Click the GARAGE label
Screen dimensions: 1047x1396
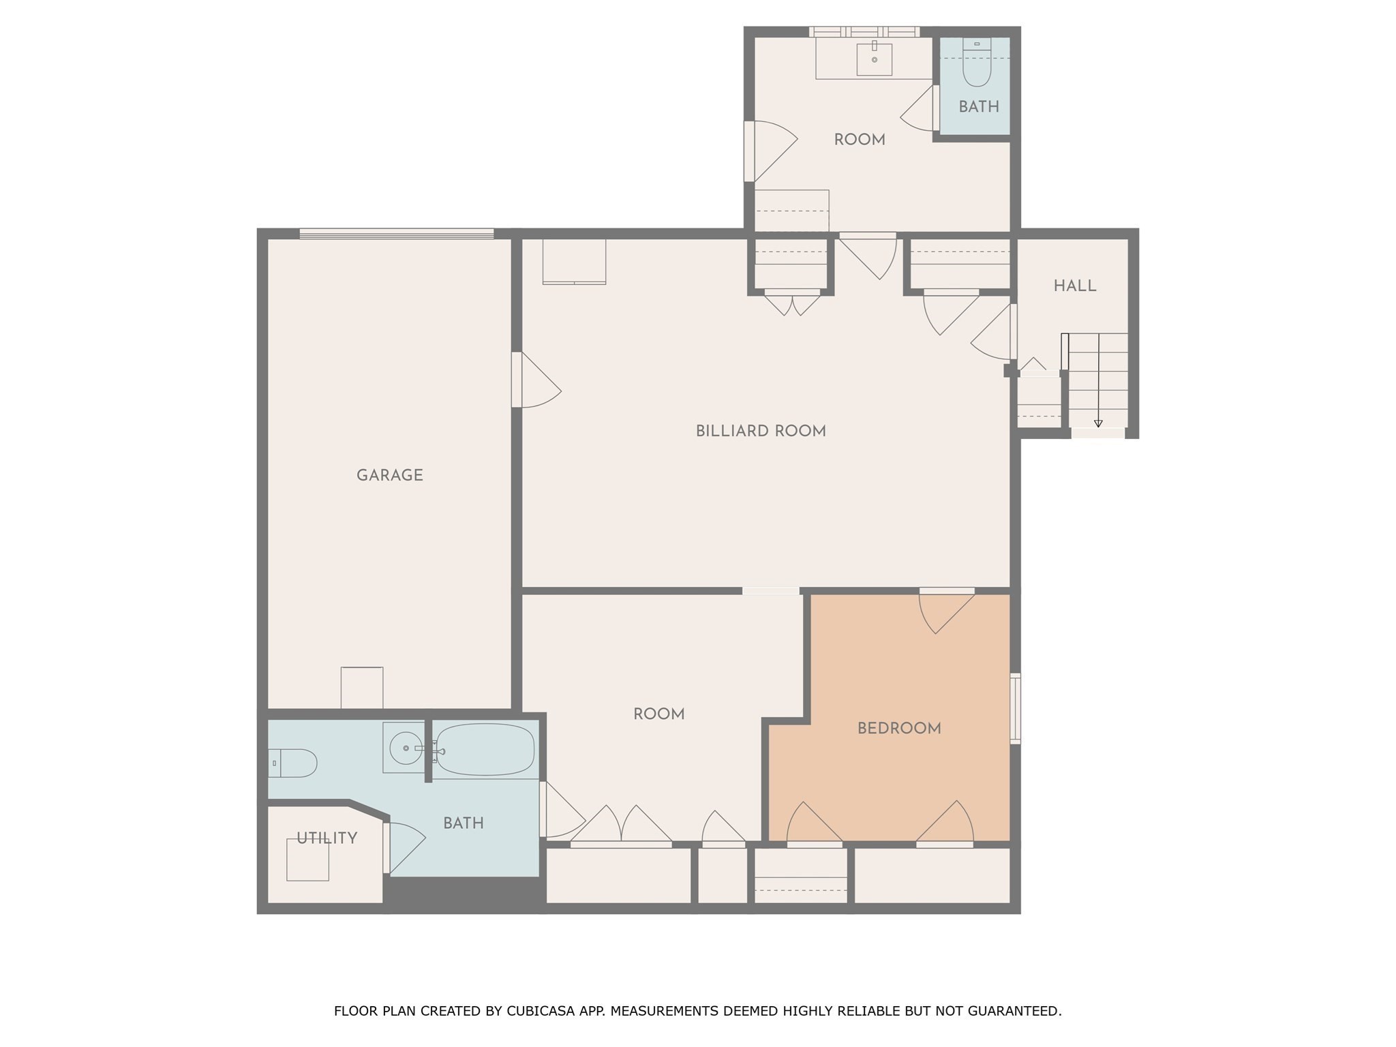pyautogui.click(x=389, y=475)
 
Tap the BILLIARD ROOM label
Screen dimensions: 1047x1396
pyautogui.click(x=760, y=431)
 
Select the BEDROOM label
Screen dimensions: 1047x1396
pyautogui.click(x=898, y=728)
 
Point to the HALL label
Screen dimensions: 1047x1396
pyautogui.click(x=1074, y=286)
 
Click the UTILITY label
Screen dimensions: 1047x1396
pyautogui.click(x=327, y=838)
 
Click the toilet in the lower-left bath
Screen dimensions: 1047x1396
pyautogui.click(x=294, y=763)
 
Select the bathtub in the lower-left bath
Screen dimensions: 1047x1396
pyautogui.click(x=485, y=749)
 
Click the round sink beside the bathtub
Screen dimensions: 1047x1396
pyautogui.click(x=405, y=748)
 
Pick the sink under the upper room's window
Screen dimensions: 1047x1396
pyautogui.click(x=874, y=59)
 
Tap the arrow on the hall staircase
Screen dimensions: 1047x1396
pyautogui.click(x=1097, y=423)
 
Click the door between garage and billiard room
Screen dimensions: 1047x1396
pyautogui.click(x=535, y=380)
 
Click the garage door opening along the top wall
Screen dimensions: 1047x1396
pyautogui.click(x=396, y=234)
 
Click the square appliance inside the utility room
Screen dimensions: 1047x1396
pyautogui.click(x=307, y=860)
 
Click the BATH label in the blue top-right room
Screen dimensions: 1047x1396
pyautogui.click(x=978, y=106)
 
